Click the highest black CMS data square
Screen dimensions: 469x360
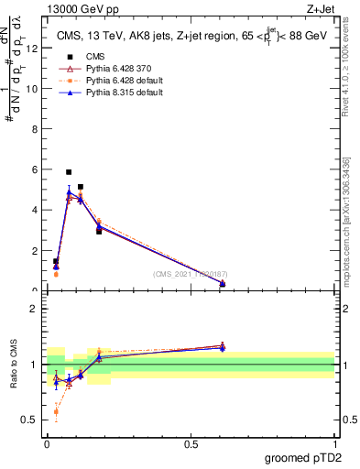(69, 172)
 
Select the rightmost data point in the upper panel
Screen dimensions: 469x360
(223, 284)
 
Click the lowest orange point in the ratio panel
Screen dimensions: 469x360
(56, 412)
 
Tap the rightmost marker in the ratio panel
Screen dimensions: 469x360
(223, 346)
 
